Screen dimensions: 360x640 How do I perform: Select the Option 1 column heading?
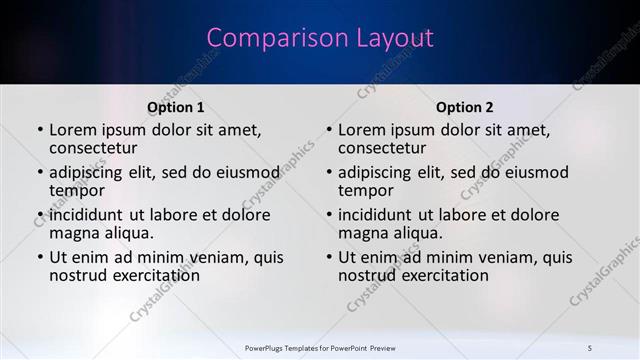click(x=176, y=107)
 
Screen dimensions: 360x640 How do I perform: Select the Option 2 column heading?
click(x=465, y=107)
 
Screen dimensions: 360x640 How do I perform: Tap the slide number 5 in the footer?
click(x=590, y=347)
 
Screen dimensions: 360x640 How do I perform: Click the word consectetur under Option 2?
click(x=382, y=148)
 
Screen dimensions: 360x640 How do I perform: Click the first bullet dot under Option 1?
click(x=40, y=131)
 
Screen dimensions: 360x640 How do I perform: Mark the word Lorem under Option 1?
click(x=72, y=130)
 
